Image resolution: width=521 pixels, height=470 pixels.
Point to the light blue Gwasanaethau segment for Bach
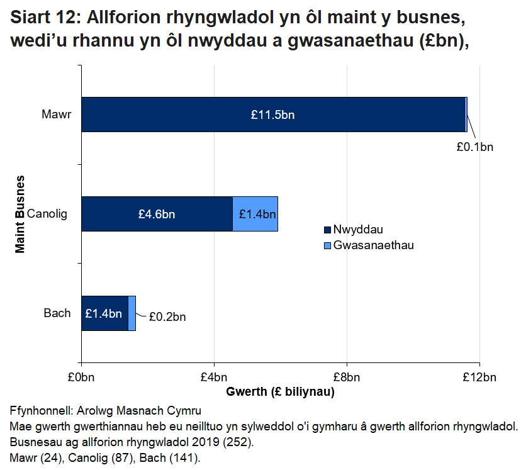[132, 313]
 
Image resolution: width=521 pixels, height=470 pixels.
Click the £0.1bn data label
[475, 147]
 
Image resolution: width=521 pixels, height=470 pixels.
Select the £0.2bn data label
[167, 316]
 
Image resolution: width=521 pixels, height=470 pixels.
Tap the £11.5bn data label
[272, 115]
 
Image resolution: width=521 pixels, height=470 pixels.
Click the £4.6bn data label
[157, 214]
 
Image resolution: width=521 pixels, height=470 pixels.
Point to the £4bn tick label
[214, 377]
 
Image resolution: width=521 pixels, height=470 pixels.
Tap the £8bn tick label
[347, 377]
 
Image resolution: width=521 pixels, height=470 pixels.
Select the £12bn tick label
[479, 377]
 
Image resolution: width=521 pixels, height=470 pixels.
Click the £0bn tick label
[82, 377]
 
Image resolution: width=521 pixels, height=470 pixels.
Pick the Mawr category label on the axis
[57, 115]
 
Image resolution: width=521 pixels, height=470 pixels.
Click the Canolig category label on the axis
[51, 214]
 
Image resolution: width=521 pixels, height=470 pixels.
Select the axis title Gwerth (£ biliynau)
[280, 392]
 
